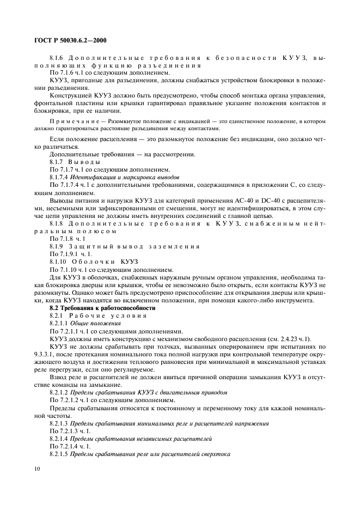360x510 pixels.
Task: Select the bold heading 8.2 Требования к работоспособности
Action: (x=94, y=308)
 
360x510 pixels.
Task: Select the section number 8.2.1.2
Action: (x=60, y=392)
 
